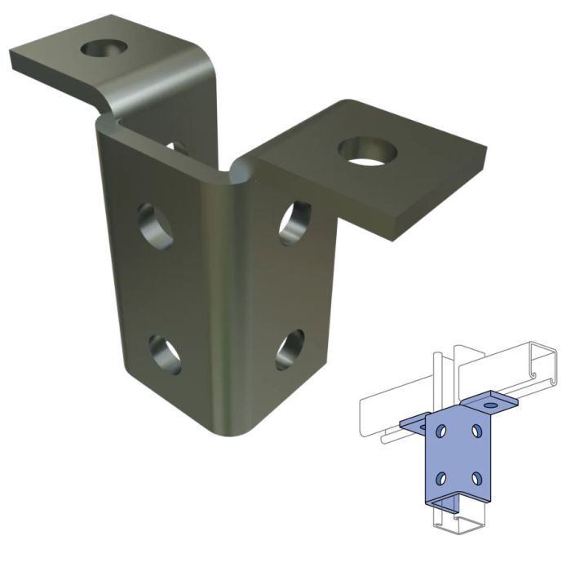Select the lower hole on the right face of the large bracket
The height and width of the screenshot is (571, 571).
click(290, 349)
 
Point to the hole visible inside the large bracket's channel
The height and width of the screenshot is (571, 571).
click(176, 148)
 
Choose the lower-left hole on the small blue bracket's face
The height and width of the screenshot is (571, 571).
click(441, 477)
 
